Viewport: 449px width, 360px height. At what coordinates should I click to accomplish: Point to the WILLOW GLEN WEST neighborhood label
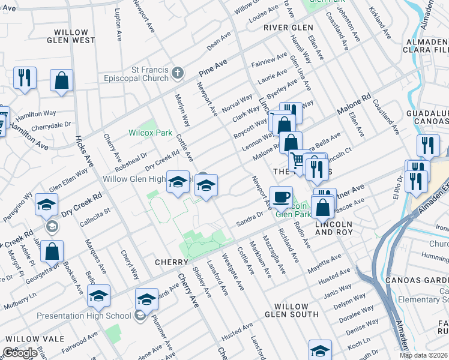pos(71,36)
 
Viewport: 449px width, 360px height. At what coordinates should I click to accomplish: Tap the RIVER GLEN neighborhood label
pos(288,28)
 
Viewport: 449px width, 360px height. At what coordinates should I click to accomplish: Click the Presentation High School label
pos(83,316)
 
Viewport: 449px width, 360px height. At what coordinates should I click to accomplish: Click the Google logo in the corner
pos(20,353)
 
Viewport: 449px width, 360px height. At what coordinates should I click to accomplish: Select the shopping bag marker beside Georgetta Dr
pos(52,251)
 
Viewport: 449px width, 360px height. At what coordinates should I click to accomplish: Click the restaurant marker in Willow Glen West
pos(25,78)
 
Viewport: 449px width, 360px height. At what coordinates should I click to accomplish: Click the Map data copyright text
pos(423,355)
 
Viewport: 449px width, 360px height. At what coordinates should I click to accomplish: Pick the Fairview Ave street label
pos(270,59)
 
